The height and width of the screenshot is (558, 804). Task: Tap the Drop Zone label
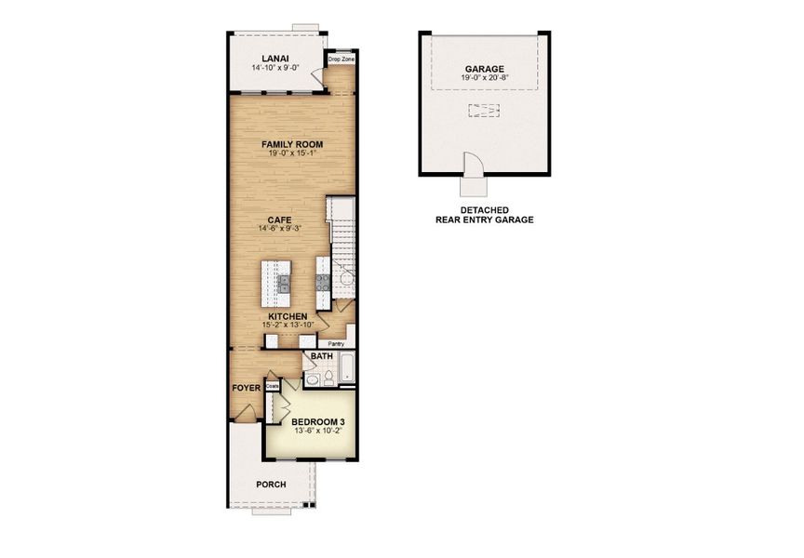[341, 60]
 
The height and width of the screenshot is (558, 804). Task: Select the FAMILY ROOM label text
[291, 144]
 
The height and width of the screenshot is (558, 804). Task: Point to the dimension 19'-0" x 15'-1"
[291, 154]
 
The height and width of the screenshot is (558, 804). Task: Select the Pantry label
[336, 343]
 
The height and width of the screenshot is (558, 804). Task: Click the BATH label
[321, 356]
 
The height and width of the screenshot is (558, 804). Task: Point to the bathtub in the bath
[346, 371]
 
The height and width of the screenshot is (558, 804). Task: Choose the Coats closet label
[274, 384]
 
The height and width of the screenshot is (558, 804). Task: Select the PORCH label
[271, 485]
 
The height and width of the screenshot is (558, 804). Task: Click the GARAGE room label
[484, 69]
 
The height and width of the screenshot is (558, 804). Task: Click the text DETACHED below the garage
[484, 210]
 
